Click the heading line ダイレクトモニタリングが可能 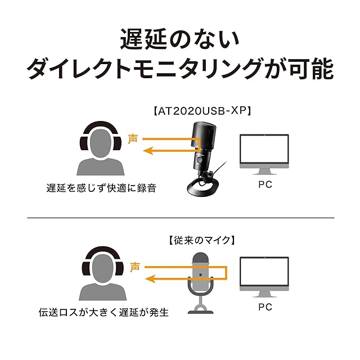click(x=180, y=70)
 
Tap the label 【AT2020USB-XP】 click(x=201, y=111)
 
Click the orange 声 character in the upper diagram click(x=133, y=138)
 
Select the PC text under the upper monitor click(x=264, y=184)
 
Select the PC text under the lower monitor click(x=264, y=307)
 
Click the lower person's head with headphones click(x=101, y=267)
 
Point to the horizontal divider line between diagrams click(x=180, y=218)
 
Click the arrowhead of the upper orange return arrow click(x=147, y=150)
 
